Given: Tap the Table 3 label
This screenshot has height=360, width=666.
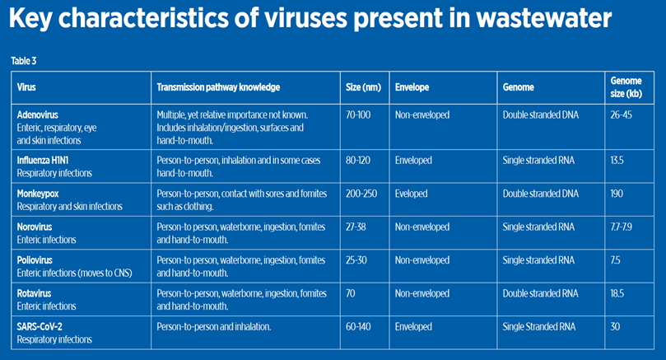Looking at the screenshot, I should coord(23,61).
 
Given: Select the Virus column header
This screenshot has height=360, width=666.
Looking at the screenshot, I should coord(27,86).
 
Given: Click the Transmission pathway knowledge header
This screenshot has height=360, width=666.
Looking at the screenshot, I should coord(218,86).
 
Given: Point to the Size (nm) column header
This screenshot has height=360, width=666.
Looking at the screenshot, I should coord(361,86).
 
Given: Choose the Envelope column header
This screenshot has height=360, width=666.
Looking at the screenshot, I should coord(412,86).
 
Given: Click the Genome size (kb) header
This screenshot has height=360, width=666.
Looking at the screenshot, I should coord(626,86).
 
